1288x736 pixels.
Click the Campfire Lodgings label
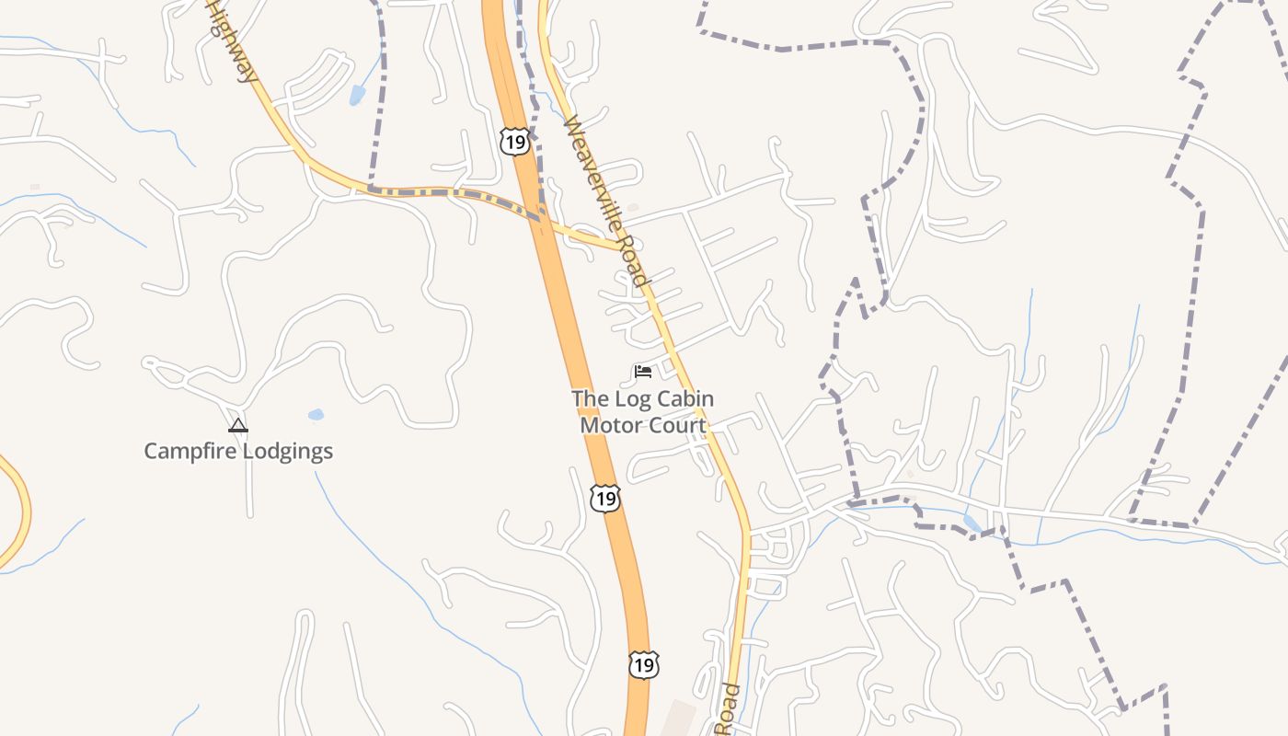[x=238, y=451]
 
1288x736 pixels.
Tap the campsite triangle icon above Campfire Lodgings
[x=238, y=425]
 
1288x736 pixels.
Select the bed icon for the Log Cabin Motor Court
[x=643, y=372]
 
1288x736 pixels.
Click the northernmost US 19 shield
[x=514, y=141]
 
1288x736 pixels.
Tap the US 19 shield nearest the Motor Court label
[x=604, y=499]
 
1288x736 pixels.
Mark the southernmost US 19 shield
[x=643, y=664]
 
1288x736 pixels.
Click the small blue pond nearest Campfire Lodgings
[x=316, y=415]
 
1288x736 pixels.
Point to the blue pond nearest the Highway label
[x=357, y=94]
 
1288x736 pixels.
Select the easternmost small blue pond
[x=972, y=523]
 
